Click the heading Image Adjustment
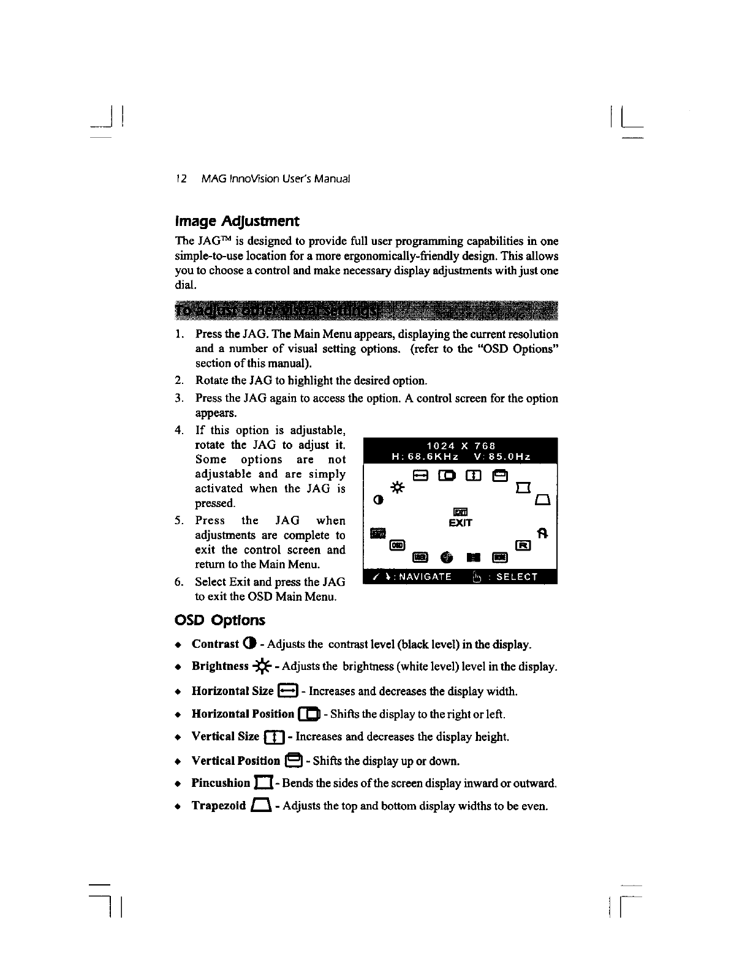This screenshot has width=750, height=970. coord(238,220)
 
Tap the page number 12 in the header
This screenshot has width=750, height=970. coord(181,179)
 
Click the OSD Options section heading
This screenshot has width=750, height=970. coord(220,620)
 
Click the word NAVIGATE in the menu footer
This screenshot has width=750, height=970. coord(423,576)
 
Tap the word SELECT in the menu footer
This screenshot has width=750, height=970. coord(517,576)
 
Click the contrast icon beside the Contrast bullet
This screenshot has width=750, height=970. coord(248,644)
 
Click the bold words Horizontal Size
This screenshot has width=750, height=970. coord(232,691)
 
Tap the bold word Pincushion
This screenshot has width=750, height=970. coord(221,783)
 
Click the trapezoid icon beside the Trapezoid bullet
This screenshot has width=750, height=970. coord(260,806)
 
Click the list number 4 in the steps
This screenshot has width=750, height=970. coord(178,430)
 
